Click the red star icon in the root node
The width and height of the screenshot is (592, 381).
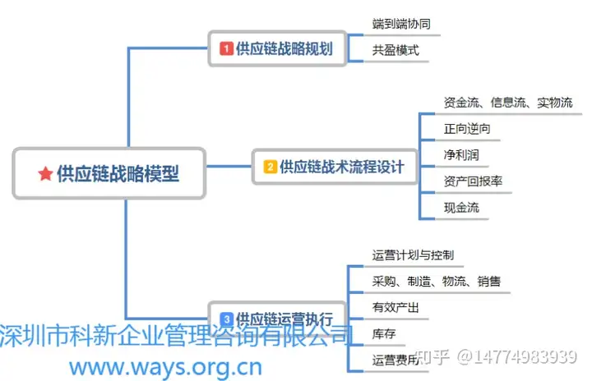(45, 174)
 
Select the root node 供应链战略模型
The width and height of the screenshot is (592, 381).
(109, 173)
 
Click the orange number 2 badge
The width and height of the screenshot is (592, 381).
(270, 168)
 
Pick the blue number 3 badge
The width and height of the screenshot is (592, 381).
(226, 318)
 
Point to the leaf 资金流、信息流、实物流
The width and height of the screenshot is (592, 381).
(507, 103)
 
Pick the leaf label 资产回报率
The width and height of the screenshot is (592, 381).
(473, 181)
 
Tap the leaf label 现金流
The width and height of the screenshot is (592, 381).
(461, 208)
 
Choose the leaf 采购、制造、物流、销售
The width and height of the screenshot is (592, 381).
(436, 282)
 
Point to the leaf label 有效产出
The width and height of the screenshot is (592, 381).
(395, 308)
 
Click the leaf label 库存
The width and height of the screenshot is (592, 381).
(384, 334)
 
